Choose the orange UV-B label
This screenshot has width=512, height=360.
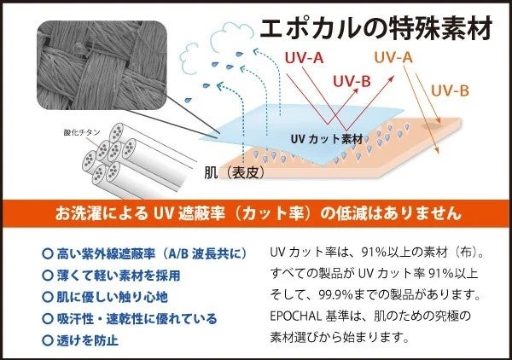(449, 90)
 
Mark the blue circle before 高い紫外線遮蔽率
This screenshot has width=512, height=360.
(47, 253)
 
